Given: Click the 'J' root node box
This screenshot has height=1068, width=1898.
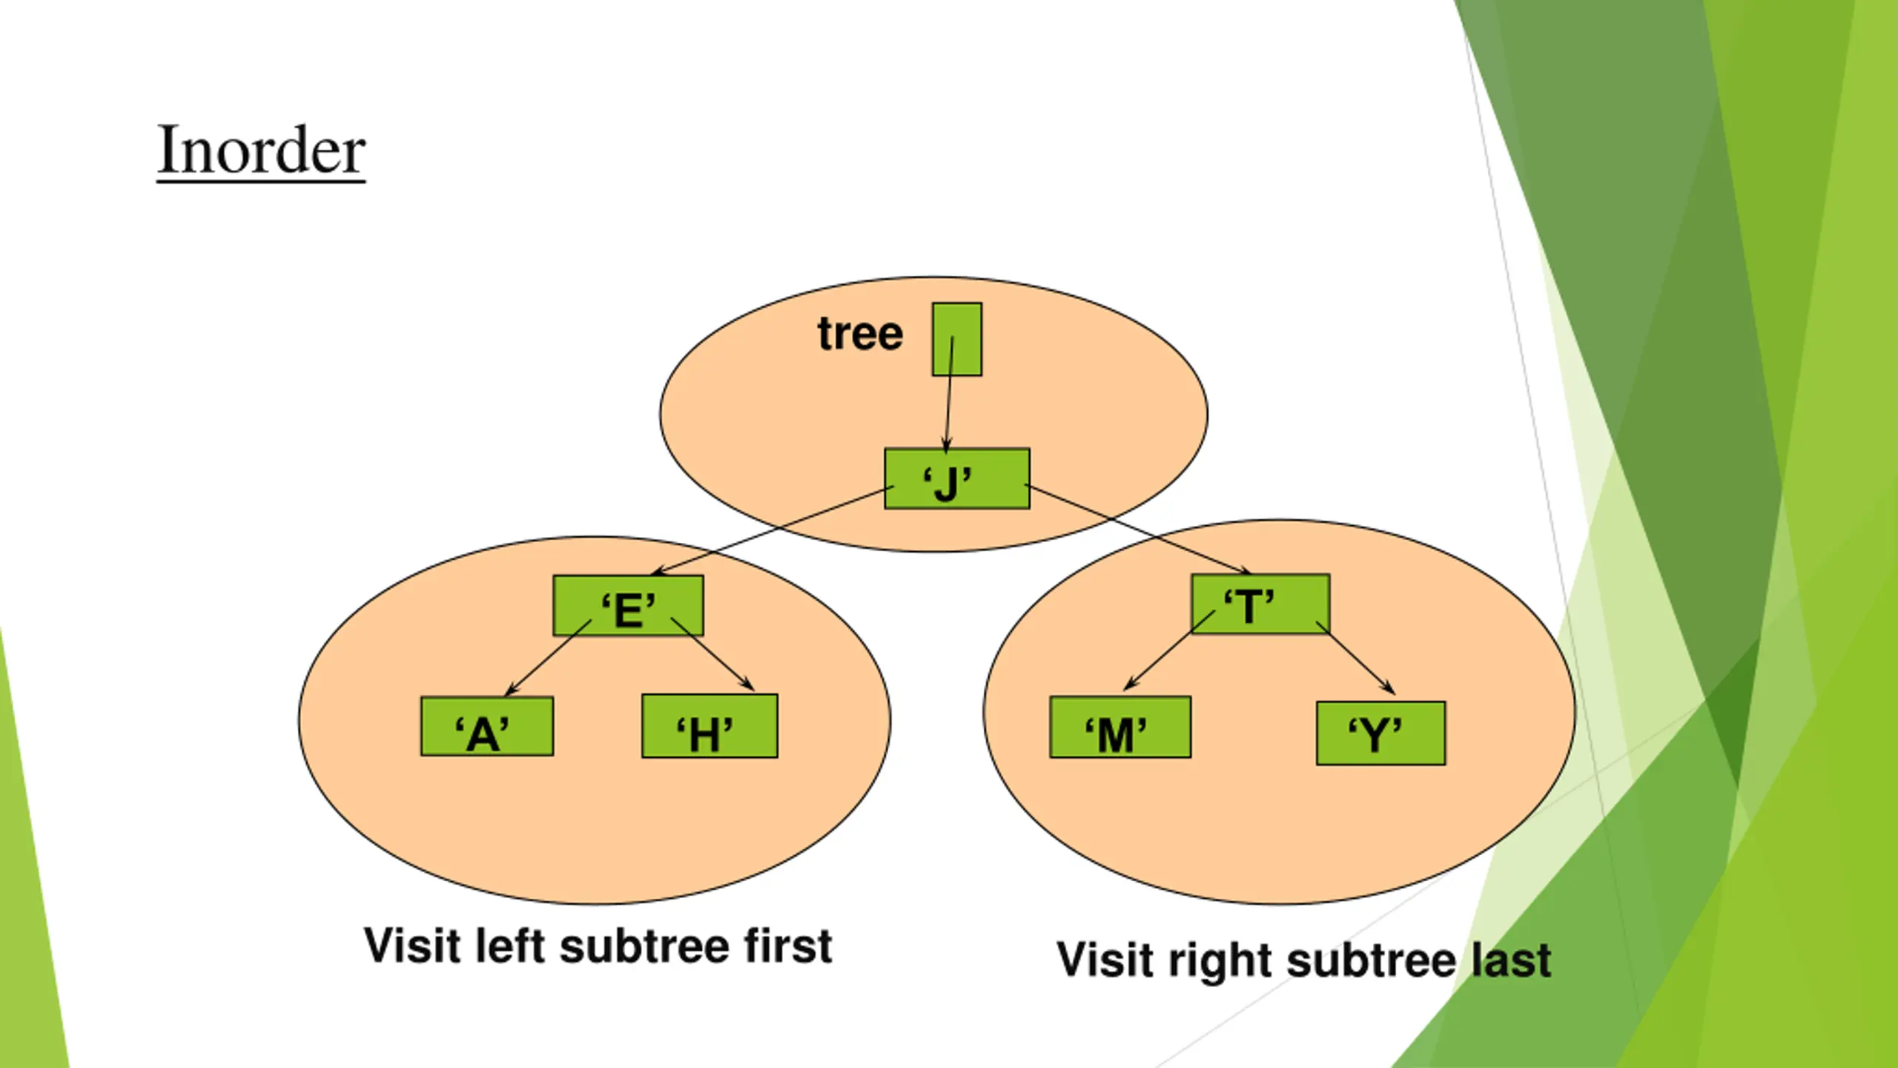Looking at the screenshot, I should [x=956, y=478].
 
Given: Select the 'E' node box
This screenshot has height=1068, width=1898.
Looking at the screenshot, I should [x=628, y=605].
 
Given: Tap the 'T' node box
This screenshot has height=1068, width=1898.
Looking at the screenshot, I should [x=1260, y=604].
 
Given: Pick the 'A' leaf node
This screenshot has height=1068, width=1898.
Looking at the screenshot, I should [x=486, y=727].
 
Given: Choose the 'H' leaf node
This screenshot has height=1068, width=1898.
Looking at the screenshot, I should [x=710, y=726].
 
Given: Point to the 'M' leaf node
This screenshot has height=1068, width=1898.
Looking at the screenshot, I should [x=1120, y=727].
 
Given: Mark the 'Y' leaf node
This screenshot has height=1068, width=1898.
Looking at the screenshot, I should [x=1380, y=733].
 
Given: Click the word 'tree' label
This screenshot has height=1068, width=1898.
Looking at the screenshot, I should [x=860, y=334].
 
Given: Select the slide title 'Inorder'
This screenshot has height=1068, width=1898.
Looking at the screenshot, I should [x=261, y=151].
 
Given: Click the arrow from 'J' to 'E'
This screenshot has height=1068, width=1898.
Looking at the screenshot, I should [x=771, y=531].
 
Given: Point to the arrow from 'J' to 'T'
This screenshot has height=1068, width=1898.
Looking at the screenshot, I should [x=1138, y=528].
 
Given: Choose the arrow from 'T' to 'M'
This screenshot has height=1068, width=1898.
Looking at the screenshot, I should [x=1168, y=650].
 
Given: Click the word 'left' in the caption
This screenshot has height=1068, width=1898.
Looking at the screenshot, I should [x=509, y=946].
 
